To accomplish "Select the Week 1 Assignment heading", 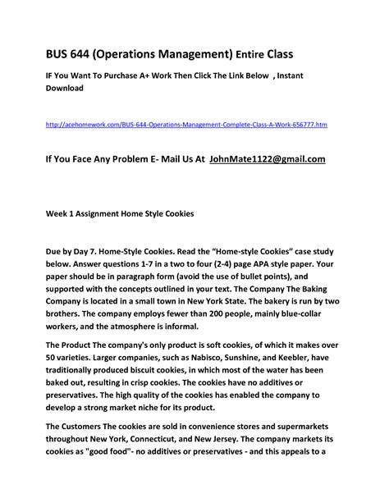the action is tap(119, 213).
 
